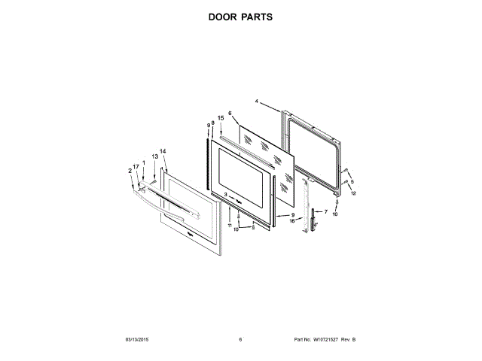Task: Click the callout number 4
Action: pyautogui.click(x=256, y=101)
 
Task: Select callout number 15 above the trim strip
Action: pyautogui.click(x=221, y=118)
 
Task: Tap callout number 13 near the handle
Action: pyautogui.click(x=154, y=156)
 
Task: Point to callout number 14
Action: pyautogui.click(x=163, y=151)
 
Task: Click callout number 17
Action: pyautogui.click(x=136, y=166)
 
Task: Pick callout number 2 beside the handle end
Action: pyautogui.click(x=130, y=171)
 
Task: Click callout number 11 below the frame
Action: pyautogui.click(x=230, y=225)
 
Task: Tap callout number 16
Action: pyautogui.click(x=291, y=221)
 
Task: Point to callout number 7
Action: pyautogui.click(x=325, y=212)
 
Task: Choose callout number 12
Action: pyautogui.click(x=352, y=193)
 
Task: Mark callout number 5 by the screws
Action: pyautogui.click(x=351, y=181)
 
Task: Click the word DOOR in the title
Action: pyautogui.click(x=224, y=16)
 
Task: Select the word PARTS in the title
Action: pyautogui.click(x=256, y=16)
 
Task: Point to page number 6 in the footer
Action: pyautogui.click(x=240, y=340)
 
